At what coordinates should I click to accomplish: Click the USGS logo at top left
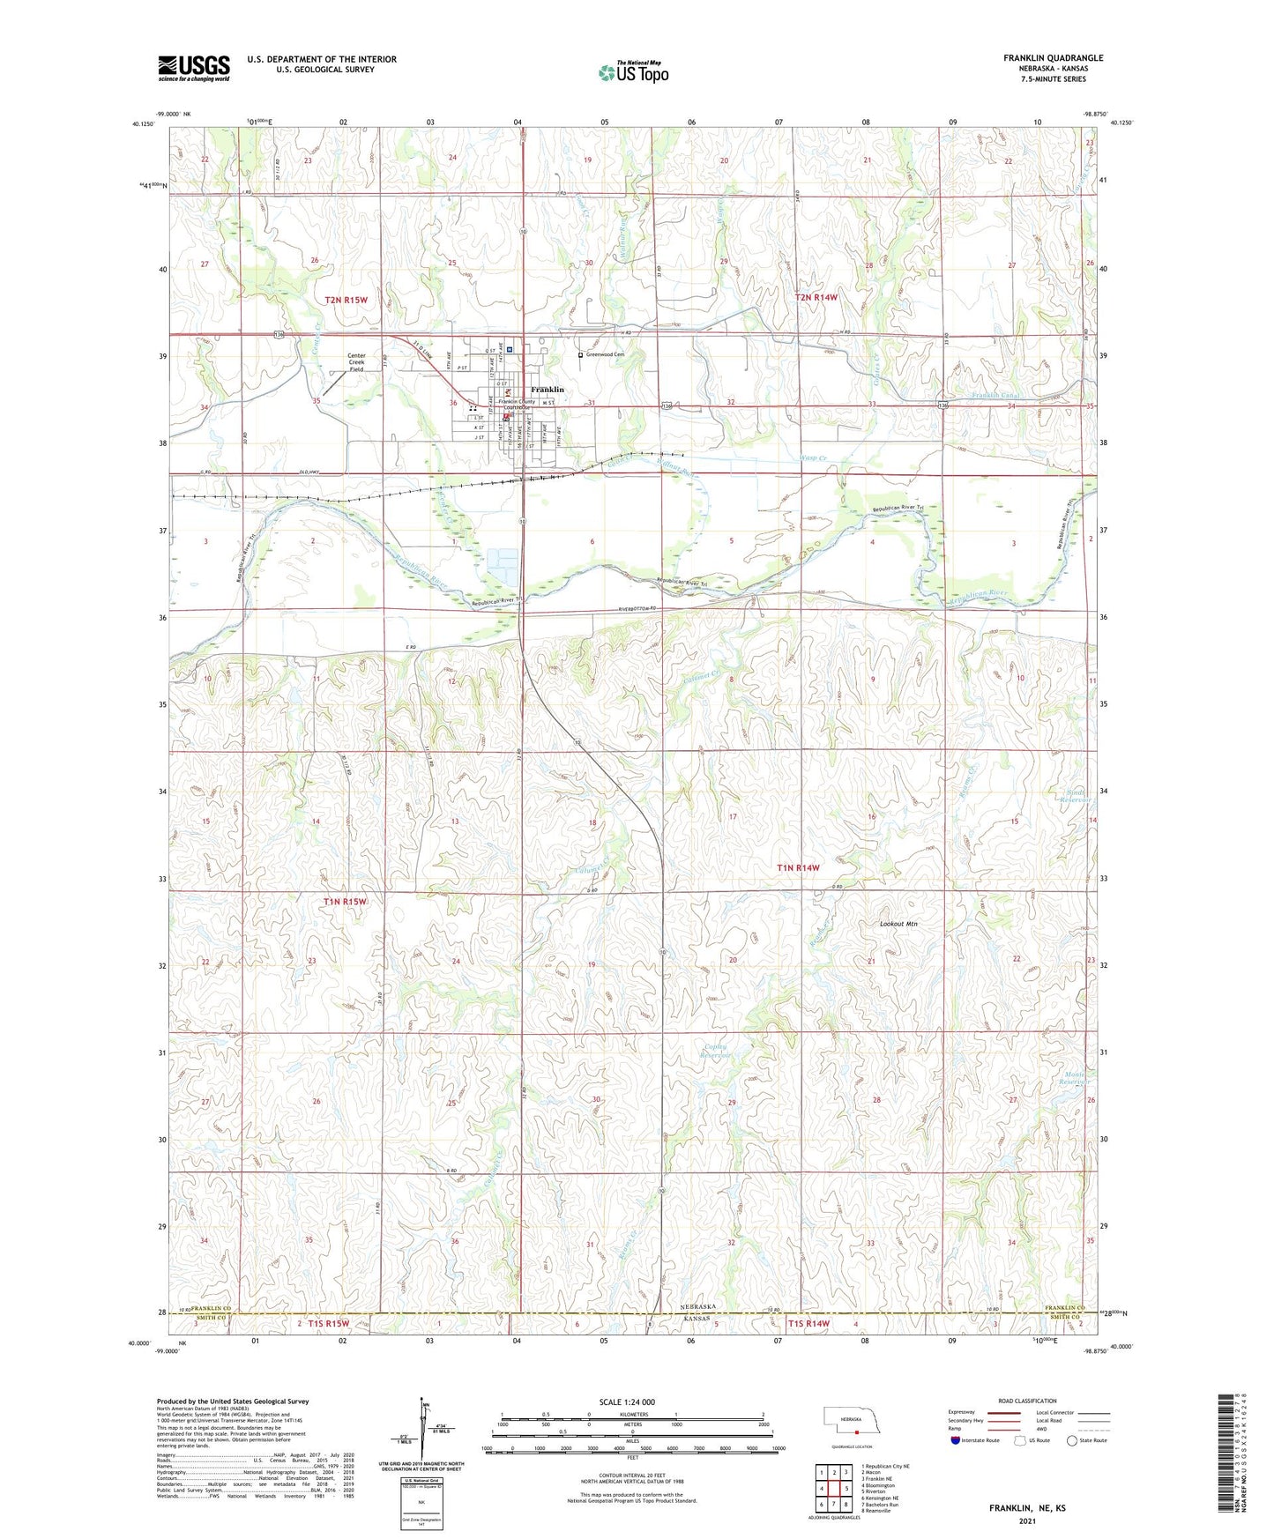[194, 68]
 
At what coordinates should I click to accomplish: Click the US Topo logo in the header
[633, 72]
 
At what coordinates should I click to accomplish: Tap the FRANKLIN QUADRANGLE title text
[1053, 58]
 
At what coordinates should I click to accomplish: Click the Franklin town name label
[547, 390]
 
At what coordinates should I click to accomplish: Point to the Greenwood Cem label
[605, 354]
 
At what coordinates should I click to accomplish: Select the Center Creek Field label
[355, 362]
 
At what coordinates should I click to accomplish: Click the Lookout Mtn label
[898, 924]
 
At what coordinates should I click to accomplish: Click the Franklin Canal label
[995, 396]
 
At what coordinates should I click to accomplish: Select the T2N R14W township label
[816, 298]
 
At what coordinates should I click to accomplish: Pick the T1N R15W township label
[344, 902]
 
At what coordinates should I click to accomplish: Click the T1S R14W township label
[808, 1324]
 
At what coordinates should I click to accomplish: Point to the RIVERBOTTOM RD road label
[638, 609]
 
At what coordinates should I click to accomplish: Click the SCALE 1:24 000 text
[627, 1401]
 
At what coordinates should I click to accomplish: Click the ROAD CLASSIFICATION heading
[1027, 1401]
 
